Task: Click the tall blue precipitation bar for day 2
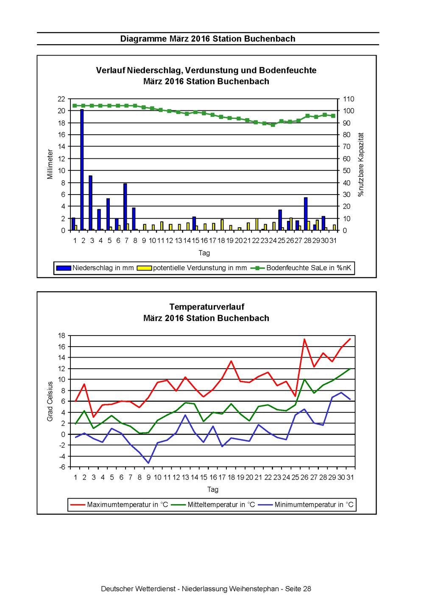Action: click(x=82, y=169)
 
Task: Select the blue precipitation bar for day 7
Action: click(x=125, y=207)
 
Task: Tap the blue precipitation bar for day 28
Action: click(x=306, y=214)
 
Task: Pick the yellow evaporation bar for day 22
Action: click(x=257, y=224)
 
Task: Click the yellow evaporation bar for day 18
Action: click(x=222, y=225)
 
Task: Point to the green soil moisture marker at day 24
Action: click(x=273, y=125)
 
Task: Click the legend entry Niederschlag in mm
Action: click(x=95, y=268)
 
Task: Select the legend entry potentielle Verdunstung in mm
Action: click(x=192, y=268)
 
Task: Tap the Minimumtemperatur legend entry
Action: click(x=306, y=505)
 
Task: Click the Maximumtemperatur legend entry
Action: click(x=119, y=505)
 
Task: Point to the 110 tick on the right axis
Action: click(x=349, y=99)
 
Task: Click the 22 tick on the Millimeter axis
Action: click(x=61, y=99)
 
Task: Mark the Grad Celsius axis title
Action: click(x=50, y=401)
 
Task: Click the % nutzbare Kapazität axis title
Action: click(x=361, y=164)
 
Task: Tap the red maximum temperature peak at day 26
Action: click(x=304, y=339)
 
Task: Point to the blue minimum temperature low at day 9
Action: click(x=148, y=463)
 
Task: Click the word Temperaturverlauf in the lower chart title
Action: click(x=207, y=307)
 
